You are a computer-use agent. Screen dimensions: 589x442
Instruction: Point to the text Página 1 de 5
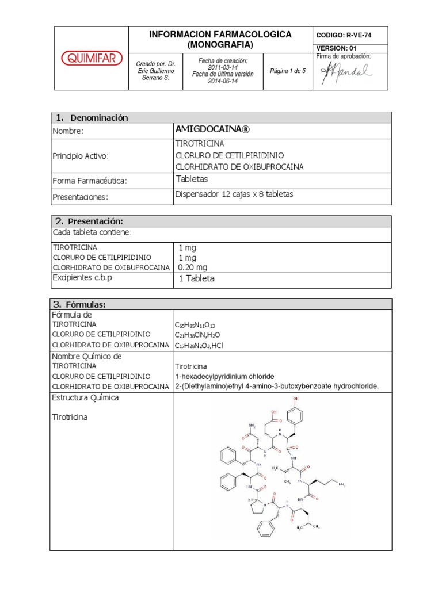click(x=288, y=71)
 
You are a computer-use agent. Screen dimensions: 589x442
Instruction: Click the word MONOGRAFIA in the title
click(x=220, y=44)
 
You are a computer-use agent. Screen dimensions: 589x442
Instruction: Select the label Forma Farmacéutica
click(x=89, y=181)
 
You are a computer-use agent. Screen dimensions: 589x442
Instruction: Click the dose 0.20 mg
click(x=193, y=267)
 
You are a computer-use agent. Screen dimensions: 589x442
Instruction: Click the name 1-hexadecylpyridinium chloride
click(x=233, y=376)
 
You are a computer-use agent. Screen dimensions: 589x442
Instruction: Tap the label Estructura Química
click(x=85, y=397)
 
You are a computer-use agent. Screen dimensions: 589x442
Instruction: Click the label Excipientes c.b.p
click(x=82, y=278)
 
